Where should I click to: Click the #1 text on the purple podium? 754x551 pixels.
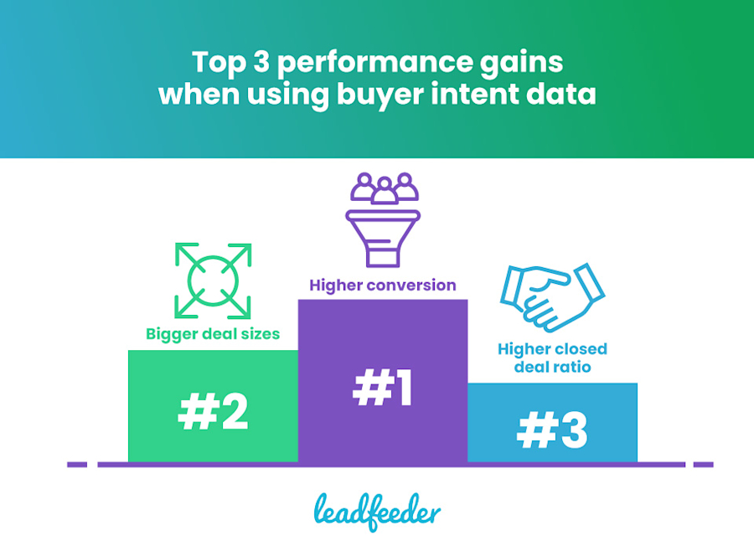(383, 388)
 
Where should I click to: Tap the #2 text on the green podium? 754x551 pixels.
(213, 412)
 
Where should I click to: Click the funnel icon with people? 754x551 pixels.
(383, 220)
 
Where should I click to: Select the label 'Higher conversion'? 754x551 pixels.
(383, 286)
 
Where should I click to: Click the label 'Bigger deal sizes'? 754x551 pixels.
(213, 335)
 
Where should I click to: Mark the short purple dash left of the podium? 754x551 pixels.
(76, 464)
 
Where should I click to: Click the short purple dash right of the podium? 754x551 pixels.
(703, 464)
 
